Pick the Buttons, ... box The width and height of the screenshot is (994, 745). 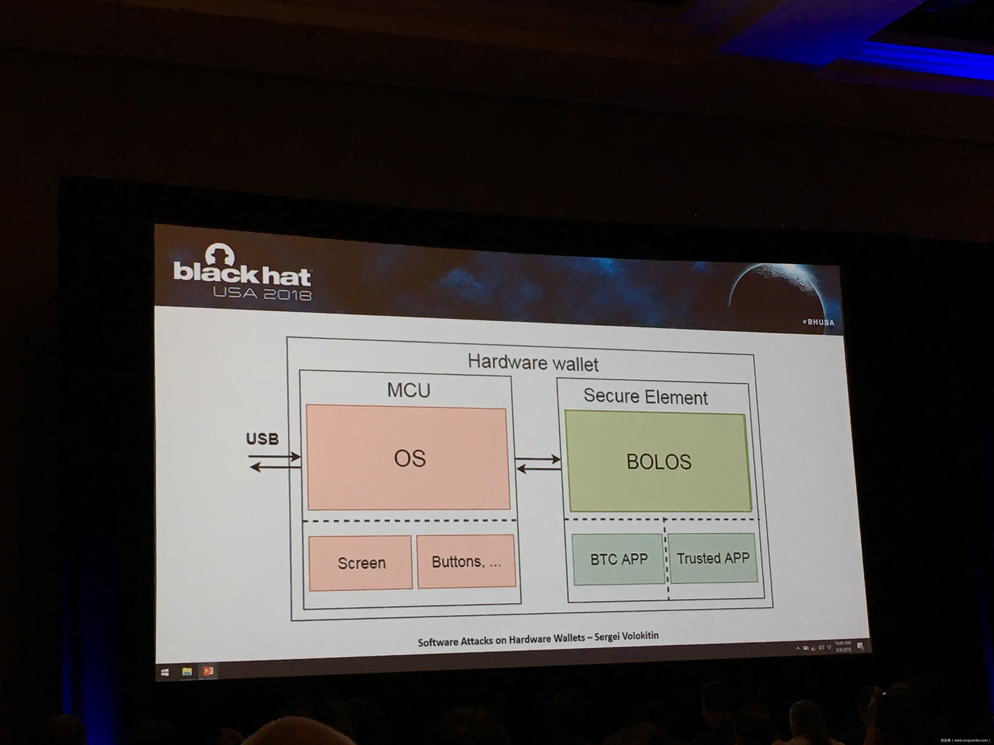point(466,561)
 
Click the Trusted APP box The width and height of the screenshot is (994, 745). point(713,558)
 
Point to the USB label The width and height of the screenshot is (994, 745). point(263,439)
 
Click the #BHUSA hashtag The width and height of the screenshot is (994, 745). point(818,322)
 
